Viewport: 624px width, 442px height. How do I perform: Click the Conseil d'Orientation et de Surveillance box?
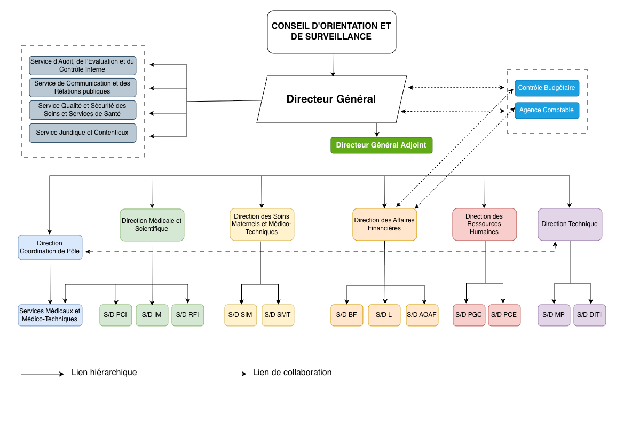[331, 32]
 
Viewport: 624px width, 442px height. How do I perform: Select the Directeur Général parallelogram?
[331, 99]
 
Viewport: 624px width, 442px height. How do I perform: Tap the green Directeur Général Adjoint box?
[381, 145]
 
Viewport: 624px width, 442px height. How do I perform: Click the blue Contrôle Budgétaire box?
[547, 88]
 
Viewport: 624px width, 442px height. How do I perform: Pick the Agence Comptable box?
[547, 111]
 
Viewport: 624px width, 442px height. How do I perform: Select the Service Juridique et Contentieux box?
[82, 133]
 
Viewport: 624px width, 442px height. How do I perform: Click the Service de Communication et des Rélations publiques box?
[82, 87]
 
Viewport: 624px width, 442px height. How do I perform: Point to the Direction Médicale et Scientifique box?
[152, 225]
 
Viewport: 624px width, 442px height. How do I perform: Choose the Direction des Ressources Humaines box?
[484, 224]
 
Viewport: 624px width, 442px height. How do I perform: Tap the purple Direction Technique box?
[570, 224]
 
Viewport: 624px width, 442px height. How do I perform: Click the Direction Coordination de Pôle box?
[50, 247]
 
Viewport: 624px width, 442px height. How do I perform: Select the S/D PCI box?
[115, 315]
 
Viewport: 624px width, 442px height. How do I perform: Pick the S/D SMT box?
[278, 315]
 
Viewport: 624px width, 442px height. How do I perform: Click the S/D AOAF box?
[422, 315]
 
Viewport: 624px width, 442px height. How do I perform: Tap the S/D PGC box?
[469, 315]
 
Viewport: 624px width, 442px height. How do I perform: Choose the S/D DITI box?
[590, 315]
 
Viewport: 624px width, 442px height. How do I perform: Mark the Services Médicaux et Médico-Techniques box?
[50, 315]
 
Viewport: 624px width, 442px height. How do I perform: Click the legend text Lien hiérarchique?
[104, 372]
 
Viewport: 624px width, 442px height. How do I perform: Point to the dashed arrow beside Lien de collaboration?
[225, 374]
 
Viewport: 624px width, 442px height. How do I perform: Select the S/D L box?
[384, 315]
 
